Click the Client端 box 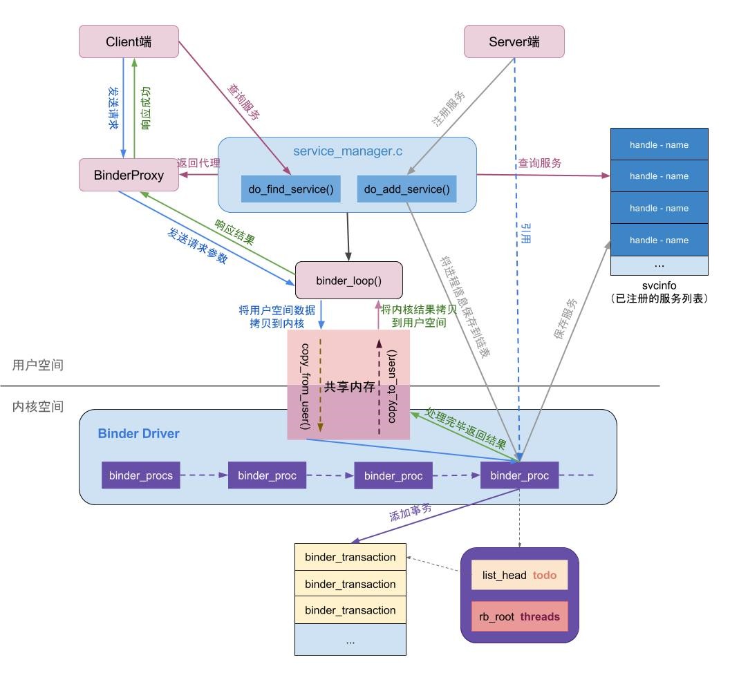click(129, 41)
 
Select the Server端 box click(514, 41)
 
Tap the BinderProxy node click(129, 175)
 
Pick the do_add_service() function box click(406, 189)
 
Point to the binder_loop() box click(348, 280)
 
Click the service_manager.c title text click(347, 151)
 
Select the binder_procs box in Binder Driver click(141, 475)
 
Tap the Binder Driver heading click(138, 434)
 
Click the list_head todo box click(519, 575)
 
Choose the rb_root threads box click(519, 616)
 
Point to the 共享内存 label click(349, 387)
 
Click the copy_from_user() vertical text click(305, 386)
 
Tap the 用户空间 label click(38, 365)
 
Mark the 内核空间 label click(38, 406)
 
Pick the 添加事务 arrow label click(411, 512)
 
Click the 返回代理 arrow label click(198, 163)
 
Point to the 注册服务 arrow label click(449, 109)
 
